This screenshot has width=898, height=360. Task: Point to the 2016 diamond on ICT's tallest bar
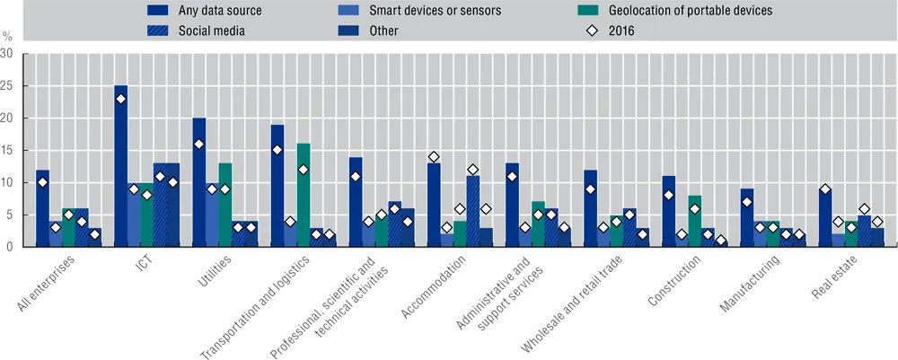pos(120,99)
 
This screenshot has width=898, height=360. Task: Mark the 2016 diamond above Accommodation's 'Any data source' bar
pos(434,157)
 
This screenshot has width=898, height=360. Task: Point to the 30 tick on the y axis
pos(7,54)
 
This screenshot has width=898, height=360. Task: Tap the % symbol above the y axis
pos(7,38)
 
